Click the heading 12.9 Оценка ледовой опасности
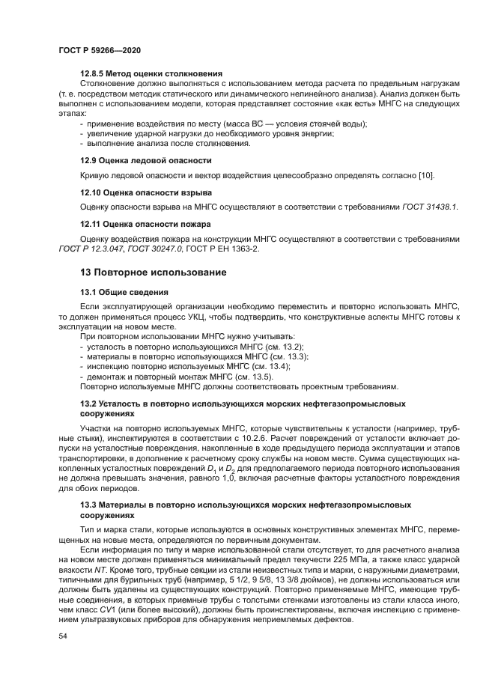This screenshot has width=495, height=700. pyautogui.click(x=145, y=160)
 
